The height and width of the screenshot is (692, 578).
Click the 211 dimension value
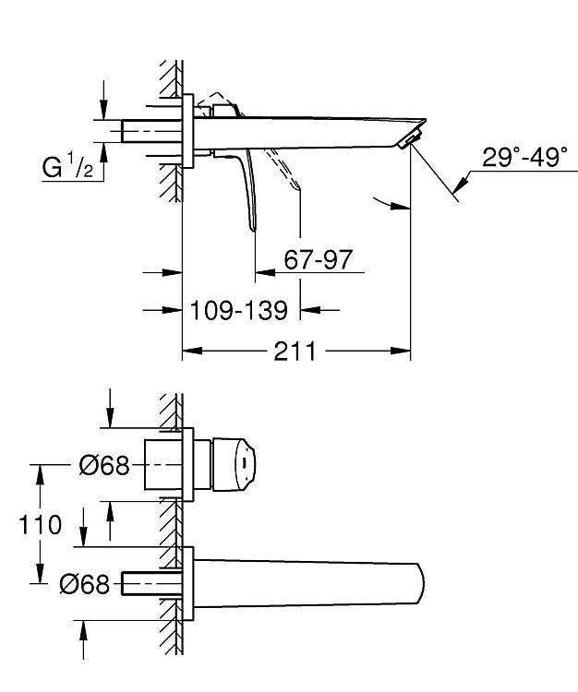pyautogui.click(x=295, y=352)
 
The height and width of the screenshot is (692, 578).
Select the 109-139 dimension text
pyautogui.click(x=238, y=310)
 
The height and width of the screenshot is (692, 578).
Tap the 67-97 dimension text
pyautogui.click(x=318, y=259)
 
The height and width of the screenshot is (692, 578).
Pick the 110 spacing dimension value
pyautogui.click(x=40, y=525)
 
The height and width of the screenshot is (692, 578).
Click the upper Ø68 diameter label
pyautogui.click(x=104, y=465)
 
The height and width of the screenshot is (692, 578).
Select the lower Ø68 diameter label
pyautogui.click(x=84, y=584)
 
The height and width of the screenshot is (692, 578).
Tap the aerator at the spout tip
pyautogui.click(x=408, y=138)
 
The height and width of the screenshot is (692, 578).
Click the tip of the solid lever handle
pyautogui.click(x=254, y=229)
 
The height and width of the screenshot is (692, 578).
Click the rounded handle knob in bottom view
pyautogui.click(x=235, y=465)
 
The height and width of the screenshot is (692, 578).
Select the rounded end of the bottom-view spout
pyautogui.click(x=419, y=585)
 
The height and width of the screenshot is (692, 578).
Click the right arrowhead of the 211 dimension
pyautogui.click(x=401, y=352)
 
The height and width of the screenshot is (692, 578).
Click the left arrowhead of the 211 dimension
pyautogui.click(x=192, y=352)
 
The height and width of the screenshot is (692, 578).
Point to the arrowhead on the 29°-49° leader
pyautogui.click(x=460, y=185)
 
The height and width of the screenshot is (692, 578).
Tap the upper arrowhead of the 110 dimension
pyautogui.click(x=40, y=474)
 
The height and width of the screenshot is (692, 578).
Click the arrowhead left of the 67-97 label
pyautogui.click(x=265, y=273)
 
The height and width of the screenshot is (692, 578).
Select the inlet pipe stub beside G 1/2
pyautogui.click(x=151, y=131)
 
